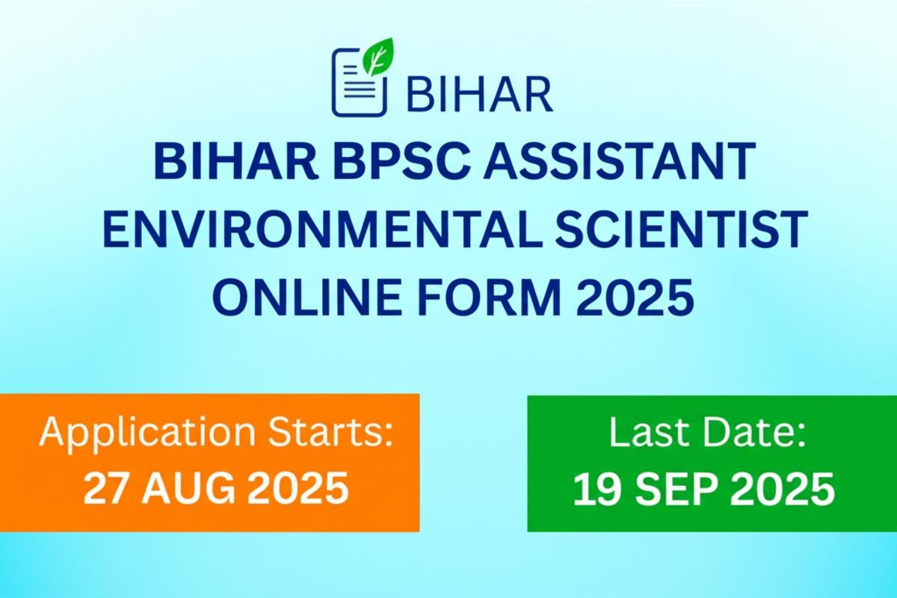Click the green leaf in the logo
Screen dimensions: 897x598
click(378, 57)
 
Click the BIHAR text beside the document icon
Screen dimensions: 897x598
click(480, 94)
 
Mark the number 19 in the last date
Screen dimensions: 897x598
click(594, 489)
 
